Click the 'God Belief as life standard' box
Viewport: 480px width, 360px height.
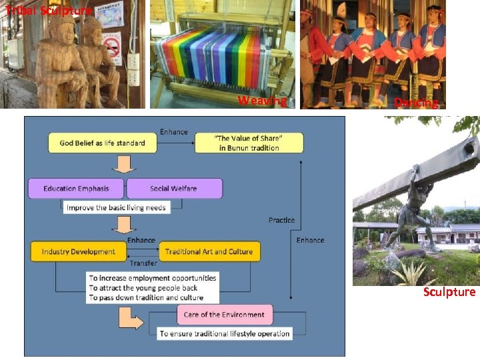click(x=102, y=143)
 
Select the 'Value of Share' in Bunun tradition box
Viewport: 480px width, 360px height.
click(x=249, y=143)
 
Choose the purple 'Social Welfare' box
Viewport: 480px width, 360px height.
click(x=173, y=189)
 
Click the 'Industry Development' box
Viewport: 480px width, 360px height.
click(x=78, y=251)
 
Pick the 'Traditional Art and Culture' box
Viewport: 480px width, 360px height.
click(x=209, y=251)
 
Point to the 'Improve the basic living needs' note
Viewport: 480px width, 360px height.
click(x=117, y=207)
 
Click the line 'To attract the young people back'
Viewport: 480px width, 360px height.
click(x=143, y=287)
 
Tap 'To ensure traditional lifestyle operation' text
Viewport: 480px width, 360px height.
click(x=225, y=333)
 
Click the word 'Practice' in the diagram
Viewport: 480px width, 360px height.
click(x=281, y=220)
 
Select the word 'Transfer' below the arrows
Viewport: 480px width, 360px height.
click(x=143, y=263)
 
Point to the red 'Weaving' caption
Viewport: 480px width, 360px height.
click(x=262, y=101)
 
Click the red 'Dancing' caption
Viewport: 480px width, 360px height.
click(x=416, y=103)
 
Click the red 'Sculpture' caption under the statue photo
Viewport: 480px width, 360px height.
click(x=449, y=292)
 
